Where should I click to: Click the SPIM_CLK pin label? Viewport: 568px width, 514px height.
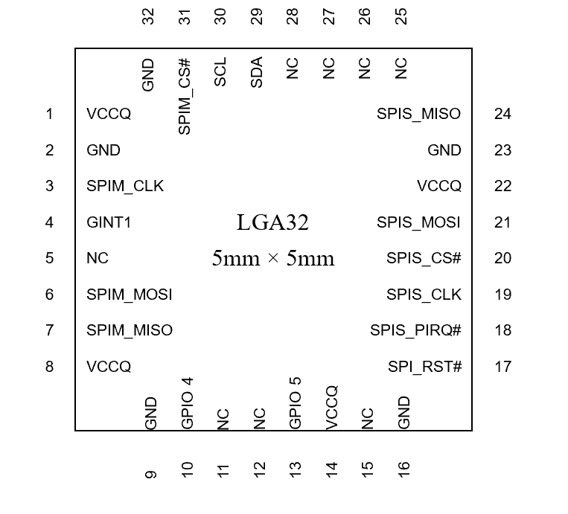125,186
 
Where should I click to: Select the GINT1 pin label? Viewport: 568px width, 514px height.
109,222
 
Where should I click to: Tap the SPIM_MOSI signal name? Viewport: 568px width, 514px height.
130,295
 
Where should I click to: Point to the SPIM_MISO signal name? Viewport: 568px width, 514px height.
130,330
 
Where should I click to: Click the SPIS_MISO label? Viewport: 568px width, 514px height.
418,114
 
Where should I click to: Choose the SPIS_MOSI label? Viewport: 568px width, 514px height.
418,222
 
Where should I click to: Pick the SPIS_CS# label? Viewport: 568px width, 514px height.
424,258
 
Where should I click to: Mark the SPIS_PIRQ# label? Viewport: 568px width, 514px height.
415,330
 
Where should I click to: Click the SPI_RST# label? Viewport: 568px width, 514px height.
424,367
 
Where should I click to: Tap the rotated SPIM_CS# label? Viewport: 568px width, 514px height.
185,97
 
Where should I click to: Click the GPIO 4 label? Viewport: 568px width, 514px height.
187,403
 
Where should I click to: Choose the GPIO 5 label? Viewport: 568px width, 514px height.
295,403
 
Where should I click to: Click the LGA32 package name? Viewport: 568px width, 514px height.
272,222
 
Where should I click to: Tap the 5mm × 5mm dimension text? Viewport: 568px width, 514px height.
272,259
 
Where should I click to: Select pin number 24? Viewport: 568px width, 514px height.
502,114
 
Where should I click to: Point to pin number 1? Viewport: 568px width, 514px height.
50,114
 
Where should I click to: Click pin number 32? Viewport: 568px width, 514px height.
148,16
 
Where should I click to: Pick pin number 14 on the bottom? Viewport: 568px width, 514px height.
331,468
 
